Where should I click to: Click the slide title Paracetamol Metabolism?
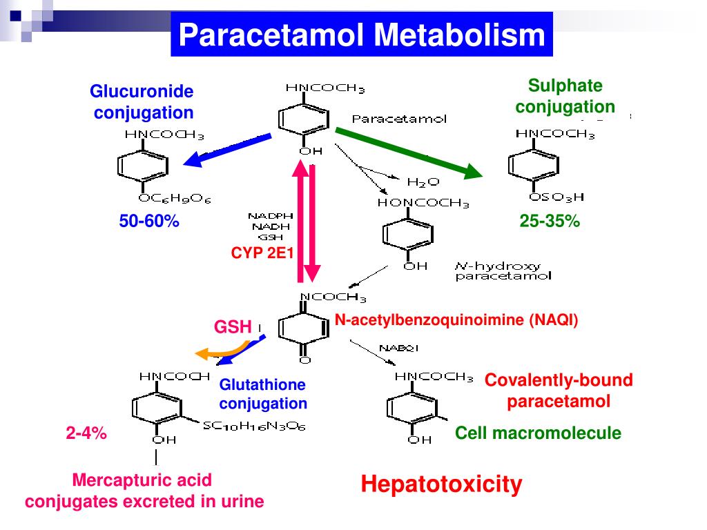pyautogui.click(x=362, y=35)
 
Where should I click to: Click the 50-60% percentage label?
pyautogui.click(x=149, y=222)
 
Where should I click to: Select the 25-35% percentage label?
pyautogui.click(x=550, y=222)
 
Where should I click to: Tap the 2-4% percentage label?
pyautogui.click(x=86, y=433)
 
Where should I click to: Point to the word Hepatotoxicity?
pyautogui.click(x=441, y=484)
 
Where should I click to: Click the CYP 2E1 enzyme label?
pyautogui.click(x=262, y=253)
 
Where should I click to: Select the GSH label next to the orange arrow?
pyautogui.click(x=232, y=326)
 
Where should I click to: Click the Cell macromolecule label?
pyautogui.click(x=538, y=433)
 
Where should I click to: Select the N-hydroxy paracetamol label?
pyautogui.click(x=502, y=271)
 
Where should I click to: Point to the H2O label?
pyautogui.click(x=423, y=182)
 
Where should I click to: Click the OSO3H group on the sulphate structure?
pyautogui.click(x=556, y=197)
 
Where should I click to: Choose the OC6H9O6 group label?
pyautogui.click(x=174, y=199)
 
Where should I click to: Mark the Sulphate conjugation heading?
pyautogui.click(x=565, y=97)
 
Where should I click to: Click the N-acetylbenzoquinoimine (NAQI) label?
pyautogui.click(x=456, y=320)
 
